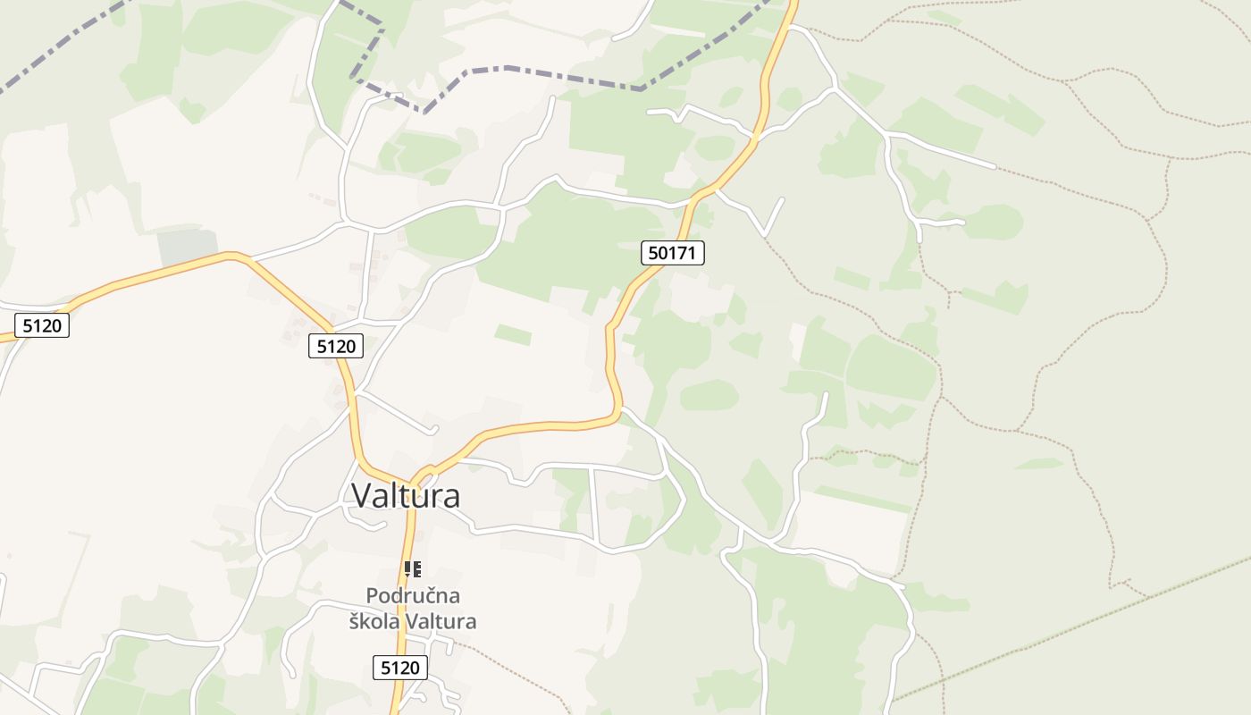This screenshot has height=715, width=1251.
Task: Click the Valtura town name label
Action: [407, 495]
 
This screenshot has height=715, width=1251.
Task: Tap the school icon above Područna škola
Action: [412, 568]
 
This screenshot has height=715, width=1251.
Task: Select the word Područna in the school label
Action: [413, 595]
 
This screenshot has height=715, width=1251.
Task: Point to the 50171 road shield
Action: [673, 253]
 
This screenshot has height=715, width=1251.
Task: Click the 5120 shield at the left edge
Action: [42, 325]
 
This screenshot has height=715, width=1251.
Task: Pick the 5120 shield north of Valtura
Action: [336, 346]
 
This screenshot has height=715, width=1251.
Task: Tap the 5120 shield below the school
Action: [399, 667]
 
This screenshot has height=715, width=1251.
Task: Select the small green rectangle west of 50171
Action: [513, 335]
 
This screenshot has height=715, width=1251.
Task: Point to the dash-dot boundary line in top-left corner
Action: [54, 54]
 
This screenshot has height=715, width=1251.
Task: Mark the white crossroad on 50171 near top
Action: [756, 137]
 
